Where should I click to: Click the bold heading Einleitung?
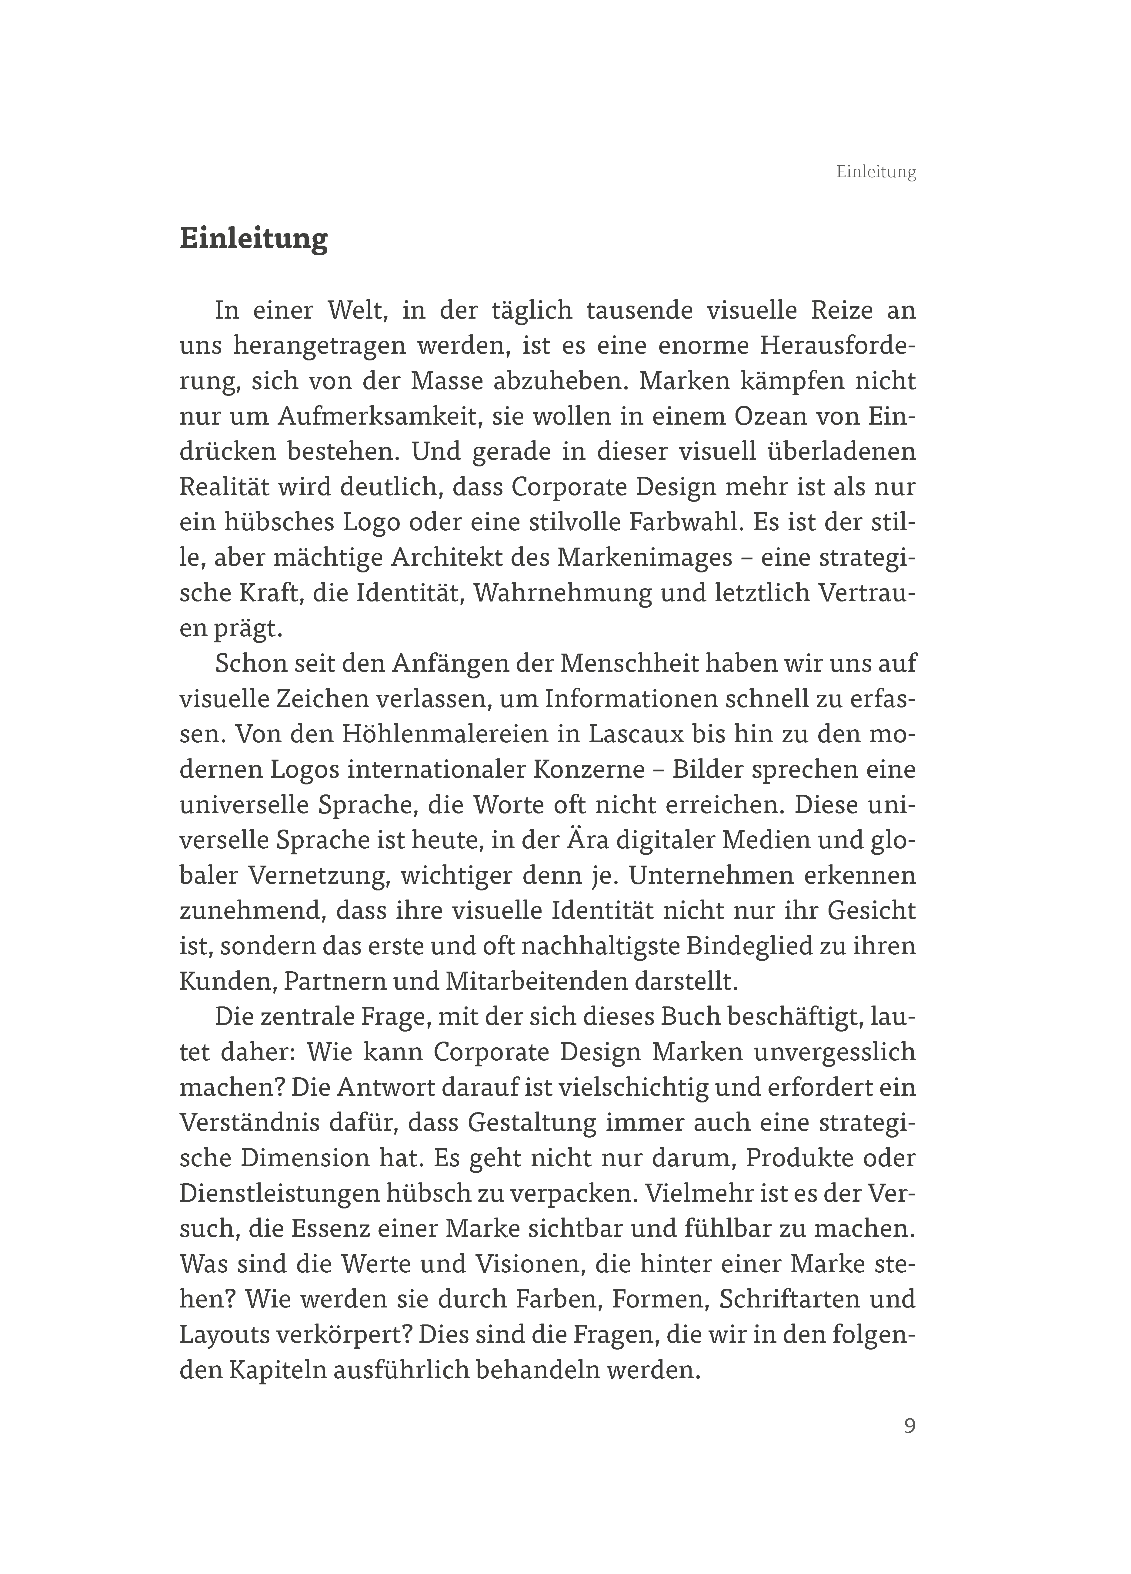tap(253, 239)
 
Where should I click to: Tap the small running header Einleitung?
tap(876, 172)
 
